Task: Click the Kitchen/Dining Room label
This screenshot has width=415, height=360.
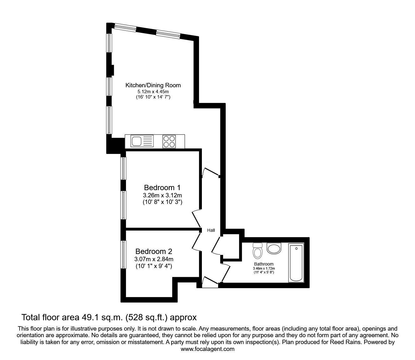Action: click(x=153, y=85)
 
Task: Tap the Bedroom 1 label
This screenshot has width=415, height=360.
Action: click(x=162, y=188)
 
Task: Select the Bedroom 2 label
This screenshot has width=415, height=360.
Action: click(x=154, y=251)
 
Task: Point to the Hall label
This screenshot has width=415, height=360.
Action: click(x=211, y=230)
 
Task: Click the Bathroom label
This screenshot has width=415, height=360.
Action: click(x=264, y=264)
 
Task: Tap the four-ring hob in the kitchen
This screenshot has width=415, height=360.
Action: click(x=169, y=141)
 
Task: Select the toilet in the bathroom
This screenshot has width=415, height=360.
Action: click(x=257, y=251)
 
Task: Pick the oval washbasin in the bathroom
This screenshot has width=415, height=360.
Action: click(x=274, y=249)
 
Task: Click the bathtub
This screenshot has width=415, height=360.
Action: click(x=296, y=263)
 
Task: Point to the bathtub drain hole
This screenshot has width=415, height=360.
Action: click(x=296, y=249)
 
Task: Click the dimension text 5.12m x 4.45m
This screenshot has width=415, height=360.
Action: click(x=153, y=92)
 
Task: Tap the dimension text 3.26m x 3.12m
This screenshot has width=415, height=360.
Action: click(x=162, y=195)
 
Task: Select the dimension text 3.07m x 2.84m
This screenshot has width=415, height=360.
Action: click(x=154, y=259)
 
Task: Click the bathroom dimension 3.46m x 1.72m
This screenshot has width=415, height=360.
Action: click(x=264, y=269)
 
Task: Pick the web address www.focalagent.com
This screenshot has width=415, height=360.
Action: click(x=207, y=349)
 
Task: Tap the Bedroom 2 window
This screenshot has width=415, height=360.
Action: click(x=123, y=255)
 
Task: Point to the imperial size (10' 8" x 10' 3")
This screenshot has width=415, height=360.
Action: click(x=162, y=202)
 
